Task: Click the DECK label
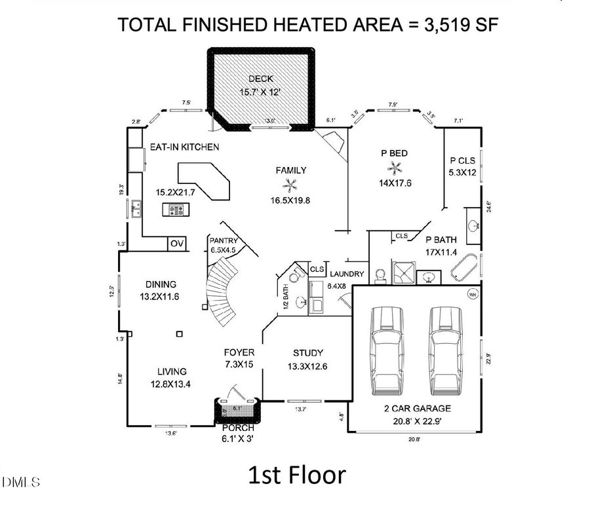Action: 261,79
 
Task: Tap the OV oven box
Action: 177,244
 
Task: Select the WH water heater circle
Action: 471,295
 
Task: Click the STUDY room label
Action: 307,353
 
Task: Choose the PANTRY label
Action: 223,240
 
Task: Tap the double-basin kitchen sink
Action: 136,209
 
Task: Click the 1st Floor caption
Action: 296,475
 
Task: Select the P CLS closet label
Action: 462,160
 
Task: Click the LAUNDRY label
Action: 347,274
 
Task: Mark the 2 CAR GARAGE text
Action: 417,408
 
